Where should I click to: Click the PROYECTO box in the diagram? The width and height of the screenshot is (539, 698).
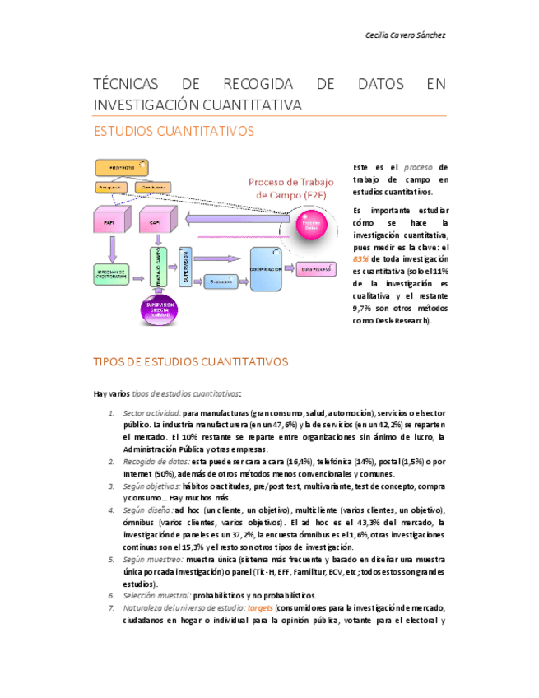(x=123, y=167)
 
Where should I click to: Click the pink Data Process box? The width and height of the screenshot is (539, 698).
(x=315, y=268)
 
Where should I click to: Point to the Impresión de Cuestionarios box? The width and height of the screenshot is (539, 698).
(x=112, y=275)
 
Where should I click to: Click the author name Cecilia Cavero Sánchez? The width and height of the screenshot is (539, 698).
(x=406, y=35)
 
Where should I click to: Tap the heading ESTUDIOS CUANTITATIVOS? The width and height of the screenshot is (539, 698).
(x=174, y=131)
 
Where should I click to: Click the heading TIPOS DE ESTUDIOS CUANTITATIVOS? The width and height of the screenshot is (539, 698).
(x=190, y=361)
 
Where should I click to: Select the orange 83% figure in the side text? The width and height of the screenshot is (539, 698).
(x=360, y=258)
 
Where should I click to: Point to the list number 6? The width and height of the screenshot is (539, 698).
(x=112, y=595)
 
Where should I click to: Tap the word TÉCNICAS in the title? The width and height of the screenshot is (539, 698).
(x=123, y=85)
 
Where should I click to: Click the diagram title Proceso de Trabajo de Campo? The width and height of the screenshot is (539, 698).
(x=291, y=188)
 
